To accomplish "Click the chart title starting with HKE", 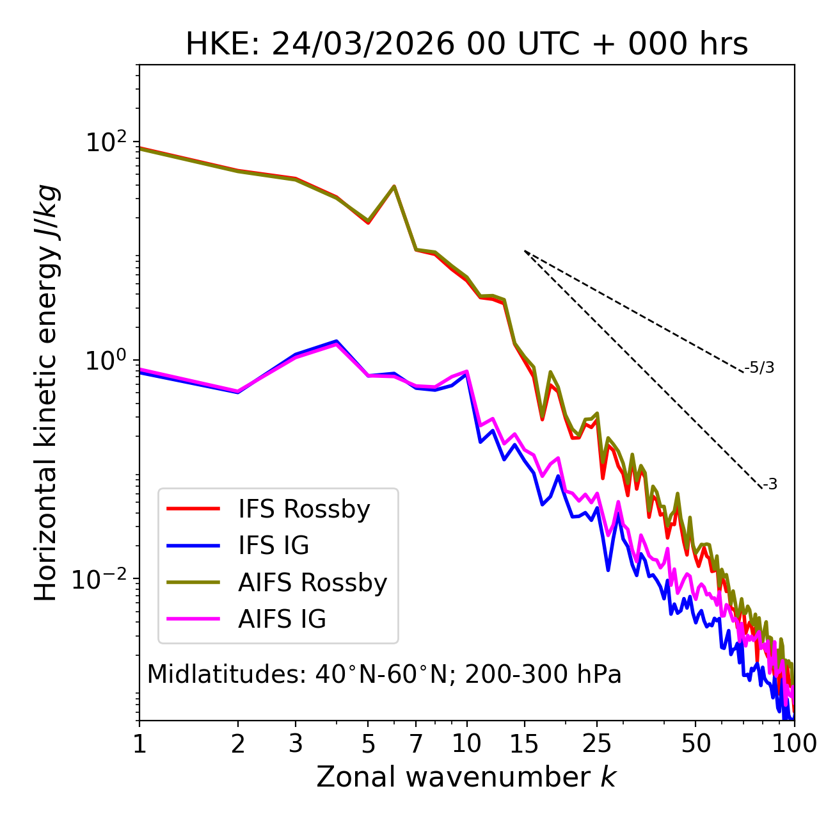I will (x=466, y=45).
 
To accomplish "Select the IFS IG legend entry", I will (x=273, y=546).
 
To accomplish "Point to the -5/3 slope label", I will (x=759, y=368).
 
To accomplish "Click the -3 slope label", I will (x=770, y=485).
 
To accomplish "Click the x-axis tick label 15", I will (x=524, y=744).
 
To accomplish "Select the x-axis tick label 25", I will (x=597, y=744).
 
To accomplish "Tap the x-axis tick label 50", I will (x=696, y=744).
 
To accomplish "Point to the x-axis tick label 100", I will (x=793, y=744).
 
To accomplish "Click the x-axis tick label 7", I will (x=416, y=744).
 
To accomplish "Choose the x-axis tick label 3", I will (x=296, y=744).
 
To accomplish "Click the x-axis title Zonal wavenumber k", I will (x=466, y=777).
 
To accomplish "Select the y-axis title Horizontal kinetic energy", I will (x=47, y=393).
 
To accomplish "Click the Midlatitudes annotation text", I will (x=384, y=674).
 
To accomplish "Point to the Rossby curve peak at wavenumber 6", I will (x=394, y=186).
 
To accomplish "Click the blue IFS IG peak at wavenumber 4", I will (x=337, y=341).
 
